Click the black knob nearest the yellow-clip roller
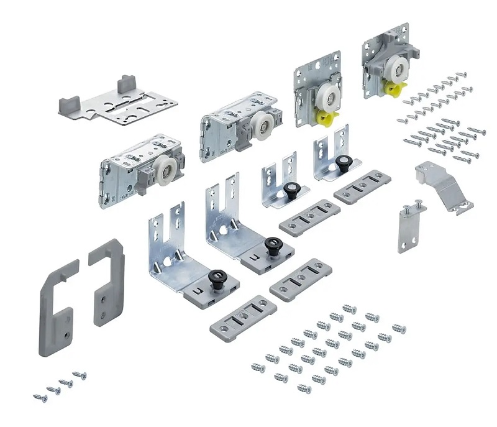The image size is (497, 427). click(342, 162)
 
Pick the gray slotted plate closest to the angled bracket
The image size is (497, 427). click(362, 186)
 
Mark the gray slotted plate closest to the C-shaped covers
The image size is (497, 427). click(242, 318)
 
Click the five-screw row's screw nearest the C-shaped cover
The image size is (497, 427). click(40, 397)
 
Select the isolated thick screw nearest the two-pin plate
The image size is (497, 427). click(398, 328)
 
